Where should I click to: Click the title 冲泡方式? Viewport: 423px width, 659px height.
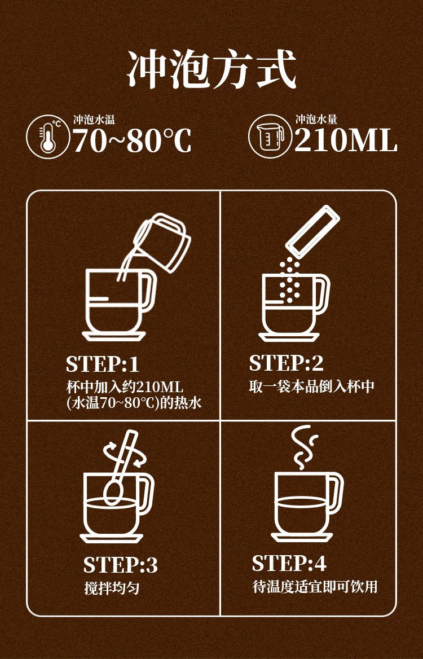[x=211, y=69]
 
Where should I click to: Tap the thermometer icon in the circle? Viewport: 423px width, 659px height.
[x=48, y=137]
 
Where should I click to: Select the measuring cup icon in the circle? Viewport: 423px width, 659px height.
[x=270, y=137]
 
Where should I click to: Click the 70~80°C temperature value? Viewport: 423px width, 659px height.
[x=133, y=140]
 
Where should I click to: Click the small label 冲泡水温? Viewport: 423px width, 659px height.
[x=94, y=120]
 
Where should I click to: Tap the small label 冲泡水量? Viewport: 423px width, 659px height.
[x=316, y=120]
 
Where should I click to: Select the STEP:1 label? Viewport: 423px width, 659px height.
[x=103, y=364]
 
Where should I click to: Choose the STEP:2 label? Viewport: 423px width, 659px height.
[x=286, y=363]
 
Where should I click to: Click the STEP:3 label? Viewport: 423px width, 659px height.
[x=121, y=565]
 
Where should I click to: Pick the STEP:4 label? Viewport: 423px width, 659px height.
[x=289, y=564]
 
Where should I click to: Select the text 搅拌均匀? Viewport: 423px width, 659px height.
[x=111, y=588]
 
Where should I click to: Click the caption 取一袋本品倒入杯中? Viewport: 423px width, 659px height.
[x=311, y=386]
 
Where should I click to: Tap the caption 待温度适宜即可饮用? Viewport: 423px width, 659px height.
[x=315, y=587]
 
